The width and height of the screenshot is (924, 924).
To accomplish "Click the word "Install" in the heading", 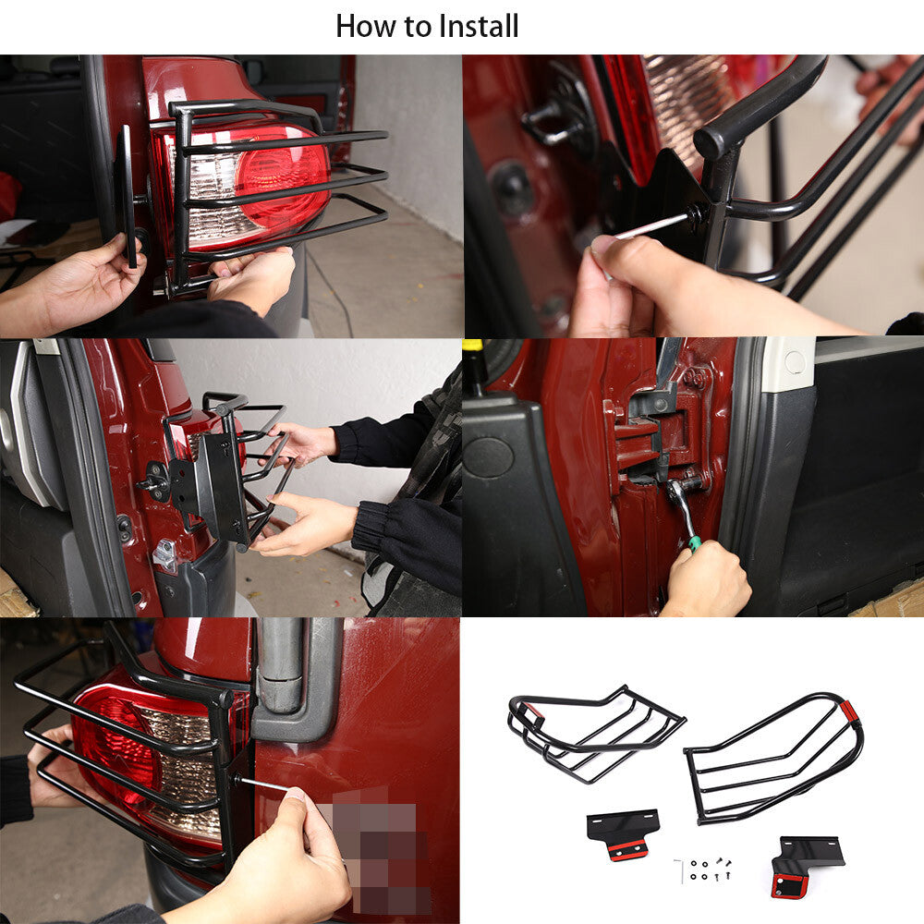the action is click(x=479, y=27).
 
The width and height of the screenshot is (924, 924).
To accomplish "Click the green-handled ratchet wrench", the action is click(x=684, y=514).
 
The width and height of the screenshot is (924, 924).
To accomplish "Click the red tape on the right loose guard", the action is click(x=849, y=711).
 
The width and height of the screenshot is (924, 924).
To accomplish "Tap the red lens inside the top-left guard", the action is click(x=283, y=176).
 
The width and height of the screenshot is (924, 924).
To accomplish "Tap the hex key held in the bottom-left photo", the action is click(x=266, y=784).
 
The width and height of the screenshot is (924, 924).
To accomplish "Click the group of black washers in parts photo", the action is click(x=699, y=869).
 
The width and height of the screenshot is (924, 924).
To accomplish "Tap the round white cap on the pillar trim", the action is click(x=794, y=361).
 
